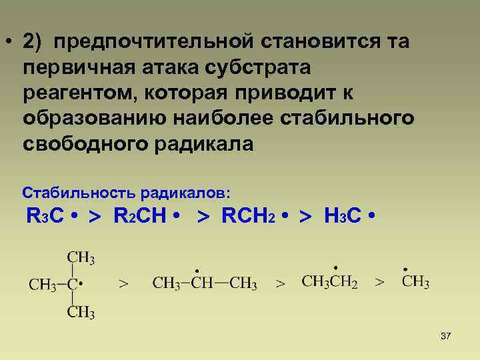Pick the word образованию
94,119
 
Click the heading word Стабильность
79,193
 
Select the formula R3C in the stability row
45,217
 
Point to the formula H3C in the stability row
343,217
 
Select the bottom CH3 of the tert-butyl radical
81,312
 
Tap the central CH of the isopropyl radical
202,283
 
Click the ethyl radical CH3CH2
329,282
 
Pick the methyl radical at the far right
415,281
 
